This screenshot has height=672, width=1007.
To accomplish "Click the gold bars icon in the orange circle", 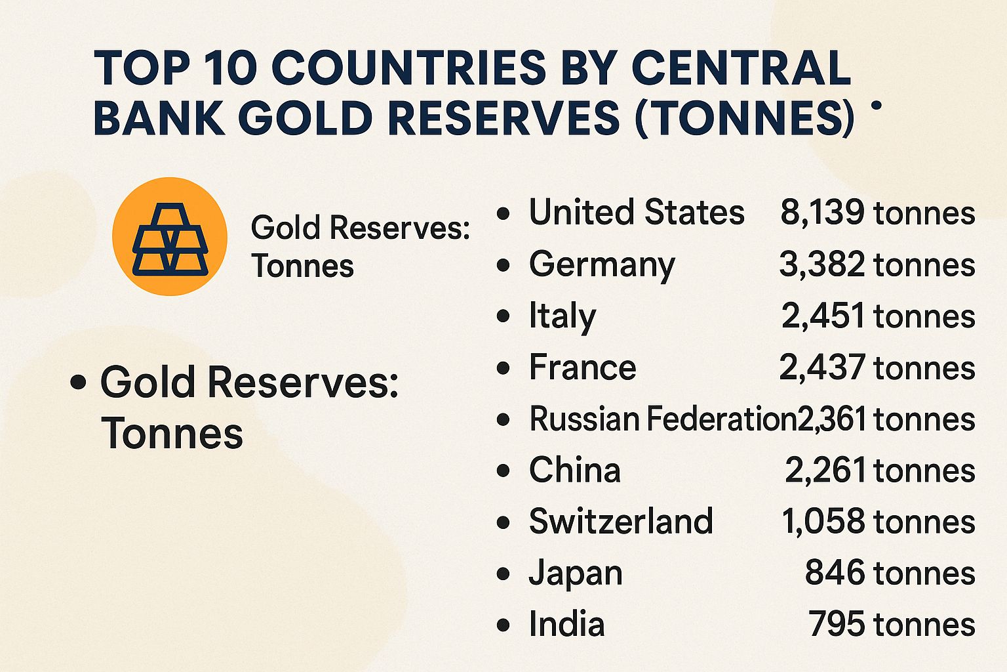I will (x=170, y=238).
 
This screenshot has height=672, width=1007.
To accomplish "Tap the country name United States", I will (x=636, y=213).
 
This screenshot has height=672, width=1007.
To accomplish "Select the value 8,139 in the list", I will (x=822, y=213).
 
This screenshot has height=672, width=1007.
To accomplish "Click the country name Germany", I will (x=601, y=264).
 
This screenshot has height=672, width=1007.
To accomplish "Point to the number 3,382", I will (x=822, y=264).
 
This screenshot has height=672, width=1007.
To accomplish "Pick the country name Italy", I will (x=562, y=316).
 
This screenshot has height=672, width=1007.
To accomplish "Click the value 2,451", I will (x=823, y=316).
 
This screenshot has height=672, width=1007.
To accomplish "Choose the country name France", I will (x=582, y=367).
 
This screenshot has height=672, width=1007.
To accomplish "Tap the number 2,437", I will (x=822, y=367).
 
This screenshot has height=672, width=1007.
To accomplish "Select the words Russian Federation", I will (x=662, y=419).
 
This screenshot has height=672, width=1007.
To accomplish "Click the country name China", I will (x=574, y=470).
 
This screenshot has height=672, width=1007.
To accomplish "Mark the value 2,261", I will (x=825, y=470).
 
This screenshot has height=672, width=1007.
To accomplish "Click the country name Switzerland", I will (x=620, y=521).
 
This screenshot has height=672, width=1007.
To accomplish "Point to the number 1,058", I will (x=823, y=521).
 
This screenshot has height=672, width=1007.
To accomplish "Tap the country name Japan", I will (x=575, y=573).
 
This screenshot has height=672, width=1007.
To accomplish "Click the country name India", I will (x=566, y=624).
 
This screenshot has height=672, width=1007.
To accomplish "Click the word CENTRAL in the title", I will (x=741, y=68).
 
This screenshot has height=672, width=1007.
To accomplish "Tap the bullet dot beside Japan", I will (x=503, y=574).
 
